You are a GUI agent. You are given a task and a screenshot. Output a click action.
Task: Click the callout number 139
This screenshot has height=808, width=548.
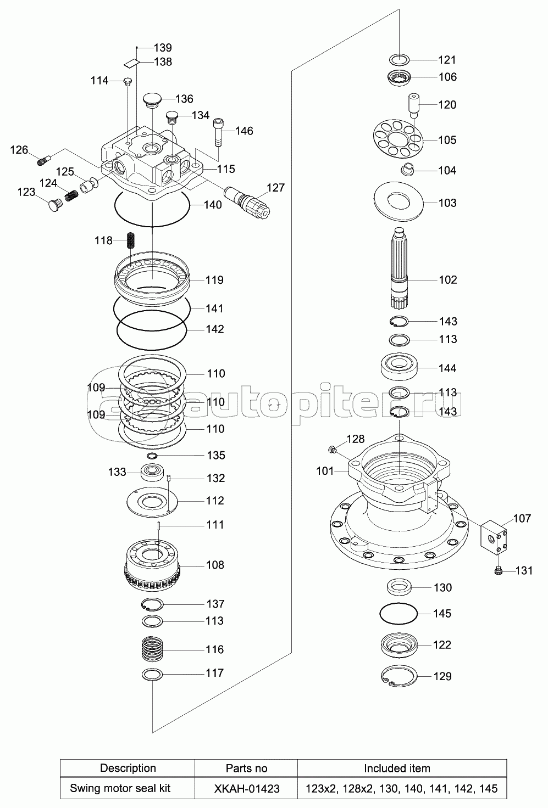tap(163, 48)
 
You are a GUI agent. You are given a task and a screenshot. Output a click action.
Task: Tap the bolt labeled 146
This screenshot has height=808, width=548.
tap(218, 132)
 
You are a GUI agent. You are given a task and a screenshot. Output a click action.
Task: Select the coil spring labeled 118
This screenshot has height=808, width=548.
tap(131, 240)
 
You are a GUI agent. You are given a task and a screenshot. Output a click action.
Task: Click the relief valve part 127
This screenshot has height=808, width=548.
tap(247, 201)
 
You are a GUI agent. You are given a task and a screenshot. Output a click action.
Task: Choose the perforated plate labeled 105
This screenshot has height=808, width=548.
tap(398, 139)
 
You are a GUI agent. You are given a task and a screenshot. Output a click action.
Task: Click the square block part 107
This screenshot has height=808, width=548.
tap(494, 537)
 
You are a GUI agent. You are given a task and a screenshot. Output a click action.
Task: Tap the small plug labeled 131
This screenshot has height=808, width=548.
tap(498, 570)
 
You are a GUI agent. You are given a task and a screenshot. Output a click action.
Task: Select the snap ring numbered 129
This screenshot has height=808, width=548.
tap(399, 675)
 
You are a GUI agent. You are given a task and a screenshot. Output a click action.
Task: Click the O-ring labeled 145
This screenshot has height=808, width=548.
tap(398, 613)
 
